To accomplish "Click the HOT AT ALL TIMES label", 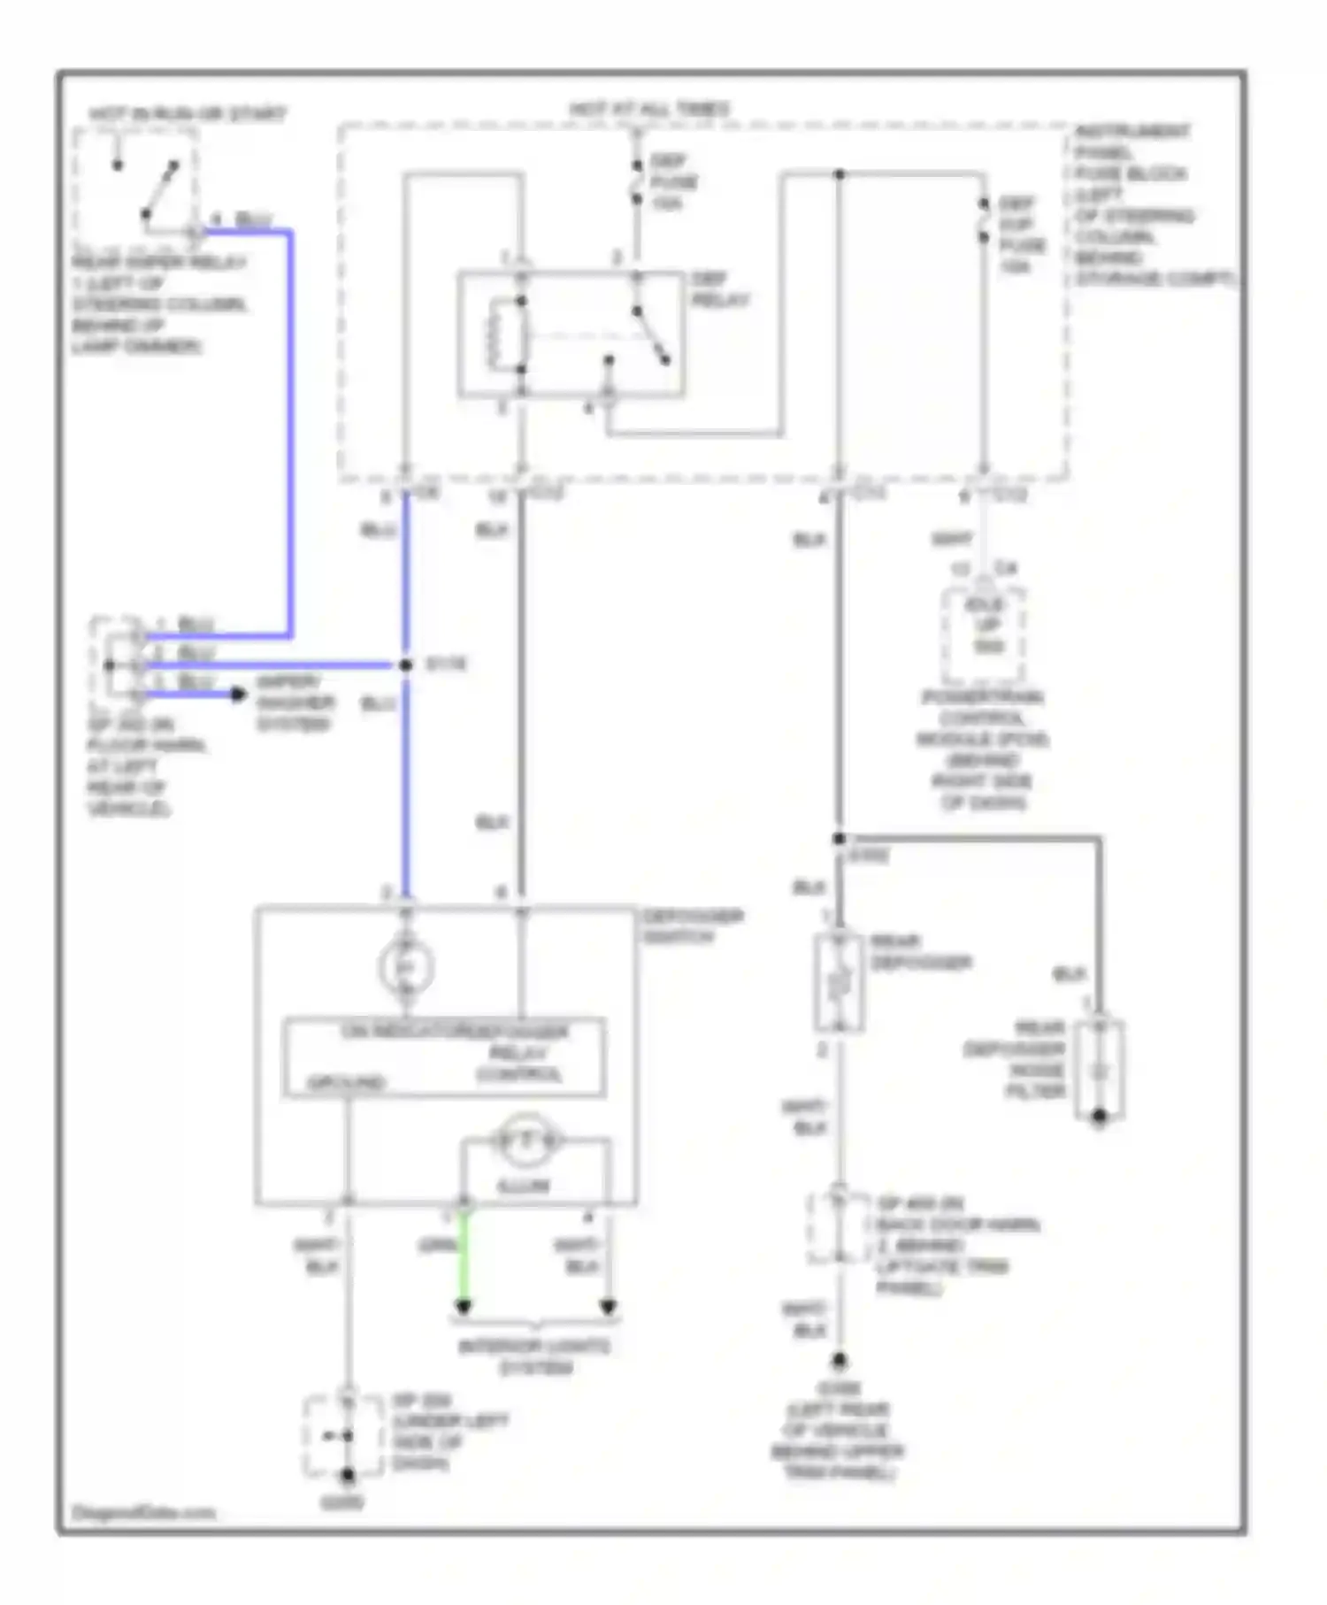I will (649, 109).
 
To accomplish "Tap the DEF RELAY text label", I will (719, 290).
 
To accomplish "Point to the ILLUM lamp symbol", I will (525, 1141).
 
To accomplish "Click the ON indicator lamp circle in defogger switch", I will (406, 967).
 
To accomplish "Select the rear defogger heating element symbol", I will (839, 983).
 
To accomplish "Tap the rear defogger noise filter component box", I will (1100, 1070).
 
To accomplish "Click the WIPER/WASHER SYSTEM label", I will (295, 703).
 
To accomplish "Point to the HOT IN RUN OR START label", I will (187, 114).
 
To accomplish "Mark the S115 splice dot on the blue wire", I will (406, 664).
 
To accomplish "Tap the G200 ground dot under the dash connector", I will (349, 1475).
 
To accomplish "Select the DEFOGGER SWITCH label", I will (693, 925).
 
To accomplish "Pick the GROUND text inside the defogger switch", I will (346, 1083).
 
